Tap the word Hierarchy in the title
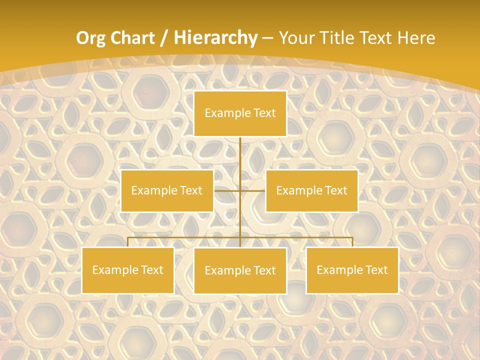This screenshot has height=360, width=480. point(215,38)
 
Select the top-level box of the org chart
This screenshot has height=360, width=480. point(240,113)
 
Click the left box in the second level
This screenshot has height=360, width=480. point(167,190)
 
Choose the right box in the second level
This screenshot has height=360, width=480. point(311,190)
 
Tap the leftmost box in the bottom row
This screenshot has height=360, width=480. point(128,270)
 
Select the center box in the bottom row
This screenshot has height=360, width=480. point(240,270)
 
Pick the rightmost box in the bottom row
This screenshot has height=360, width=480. point(352,270)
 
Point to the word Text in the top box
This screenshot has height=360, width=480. point(264,113)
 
